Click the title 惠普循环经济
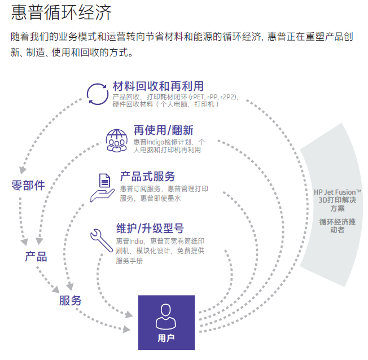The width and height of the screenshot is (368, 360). (x=61, y=13)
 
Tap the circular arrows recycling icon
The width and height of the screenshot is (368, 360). (x=97, y=93)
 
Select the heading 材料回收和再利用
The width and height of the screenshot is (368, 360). (x=158, y=86)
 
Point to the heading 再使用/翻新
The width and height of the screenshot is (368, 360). (x=163, y=129)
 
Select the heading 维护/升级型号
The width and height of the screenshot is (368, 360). (x=150, y=229)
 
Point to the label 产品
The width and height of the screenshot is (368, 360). (x=36, y=256)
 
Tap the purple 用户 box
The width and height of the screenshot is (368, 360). (x=166, y=322)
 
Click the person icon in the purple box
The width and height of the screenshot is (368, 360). (x=166, y=314)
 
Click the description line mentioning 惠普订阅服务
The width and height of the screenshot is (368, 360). (x=164, y=188)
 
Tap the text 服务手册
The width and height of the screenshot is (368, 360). (x=129, y=261)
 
